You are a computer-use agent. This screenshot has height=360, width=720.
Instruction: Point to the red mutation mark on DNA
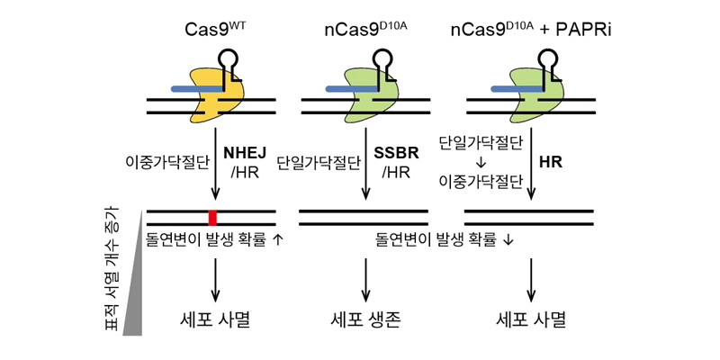coord(213,217)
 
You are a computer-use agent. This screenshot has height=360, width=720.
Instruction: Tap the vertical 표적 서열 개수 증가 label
coord(112,270)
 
